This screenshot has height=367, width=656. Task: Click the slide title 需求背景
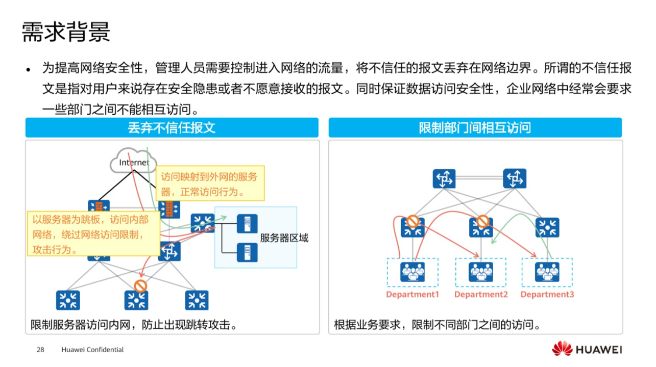click(66, 32)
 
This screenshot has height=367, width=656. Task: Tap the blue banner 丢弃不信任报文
click(172, 127)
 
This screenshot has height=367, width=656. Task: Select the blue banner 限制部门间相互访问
click(475, 127)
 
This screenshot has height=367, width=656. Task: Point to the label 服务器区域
click(284, 238)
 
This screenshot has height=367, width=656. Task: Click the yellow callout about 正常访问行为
click(209, 183)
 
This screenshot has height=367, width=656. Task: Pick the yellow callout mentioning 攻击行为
click(93, 234)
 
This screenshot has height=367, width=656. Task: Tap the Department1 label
click(412, 295)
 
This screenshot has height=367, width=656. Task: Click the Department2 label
click(481, 295)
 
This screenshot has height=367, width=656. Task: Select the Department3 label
click(547, 295)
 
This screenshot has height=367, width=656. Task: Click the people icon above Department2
click(481, 272)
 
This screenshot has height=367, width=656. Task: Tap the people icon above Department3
click(547, 272)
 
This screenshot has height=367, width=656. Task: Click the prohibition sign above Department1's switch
click(412, 221)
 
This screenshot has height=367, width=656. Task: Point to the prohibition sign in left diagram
click(140, 286)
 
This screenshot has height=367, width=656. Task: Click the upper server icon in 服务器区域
click(247, 224)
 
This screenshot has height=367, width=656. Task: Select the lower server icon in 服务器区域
click(247, 252)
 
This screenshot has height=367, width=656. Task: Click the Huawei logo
click(587, 350)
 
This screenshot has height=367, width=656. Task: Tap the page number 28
click(41, 350)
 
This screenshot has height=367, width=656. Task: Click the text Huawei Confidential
click(92, 350)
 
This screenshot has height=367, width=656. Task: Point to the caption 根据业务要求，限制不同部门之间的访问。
click(437, 325)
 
